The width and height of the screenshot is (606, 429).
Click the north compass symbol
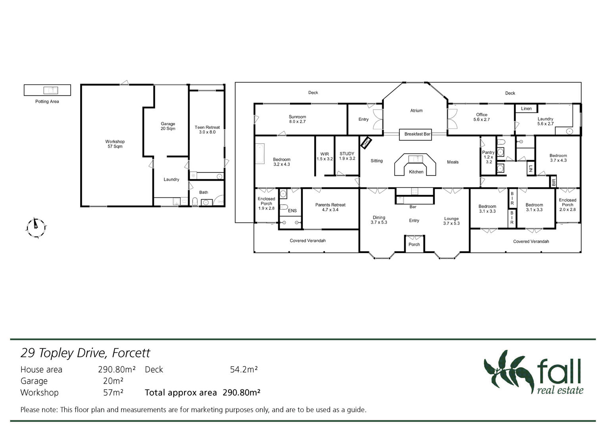click(36, 228)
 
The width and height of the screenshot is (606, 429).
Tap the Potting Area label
click(47, 102)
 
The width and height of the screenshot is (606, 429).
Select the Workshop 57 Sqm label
click(115, 144)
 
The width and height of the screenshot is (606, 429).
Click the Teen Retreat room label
click(207, 130)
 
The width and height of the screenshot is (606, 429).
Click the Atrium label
click(416, 110)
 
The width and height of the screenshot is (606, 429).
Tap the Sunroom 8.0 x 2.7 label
click(297, 119)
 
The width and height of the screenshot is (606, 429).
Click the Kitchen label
click(416, 172)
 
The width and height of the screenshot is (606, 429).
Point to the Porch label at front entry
click(414, 244)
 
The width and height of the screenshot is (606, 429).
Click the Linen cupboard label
click(526, 108)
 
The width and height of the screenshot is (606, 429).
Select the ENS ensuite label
click(292, 211)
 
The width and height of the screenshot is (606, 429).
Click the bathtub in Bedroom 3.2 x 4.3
click(260, 154)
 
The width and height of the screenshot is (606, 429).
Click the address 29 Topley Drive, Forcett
click(85, 353)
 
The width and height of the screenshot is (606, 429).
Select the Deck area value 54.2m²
click(244, 369)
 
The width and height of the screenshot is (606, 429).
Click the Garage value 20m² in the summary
click(113, 381)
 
